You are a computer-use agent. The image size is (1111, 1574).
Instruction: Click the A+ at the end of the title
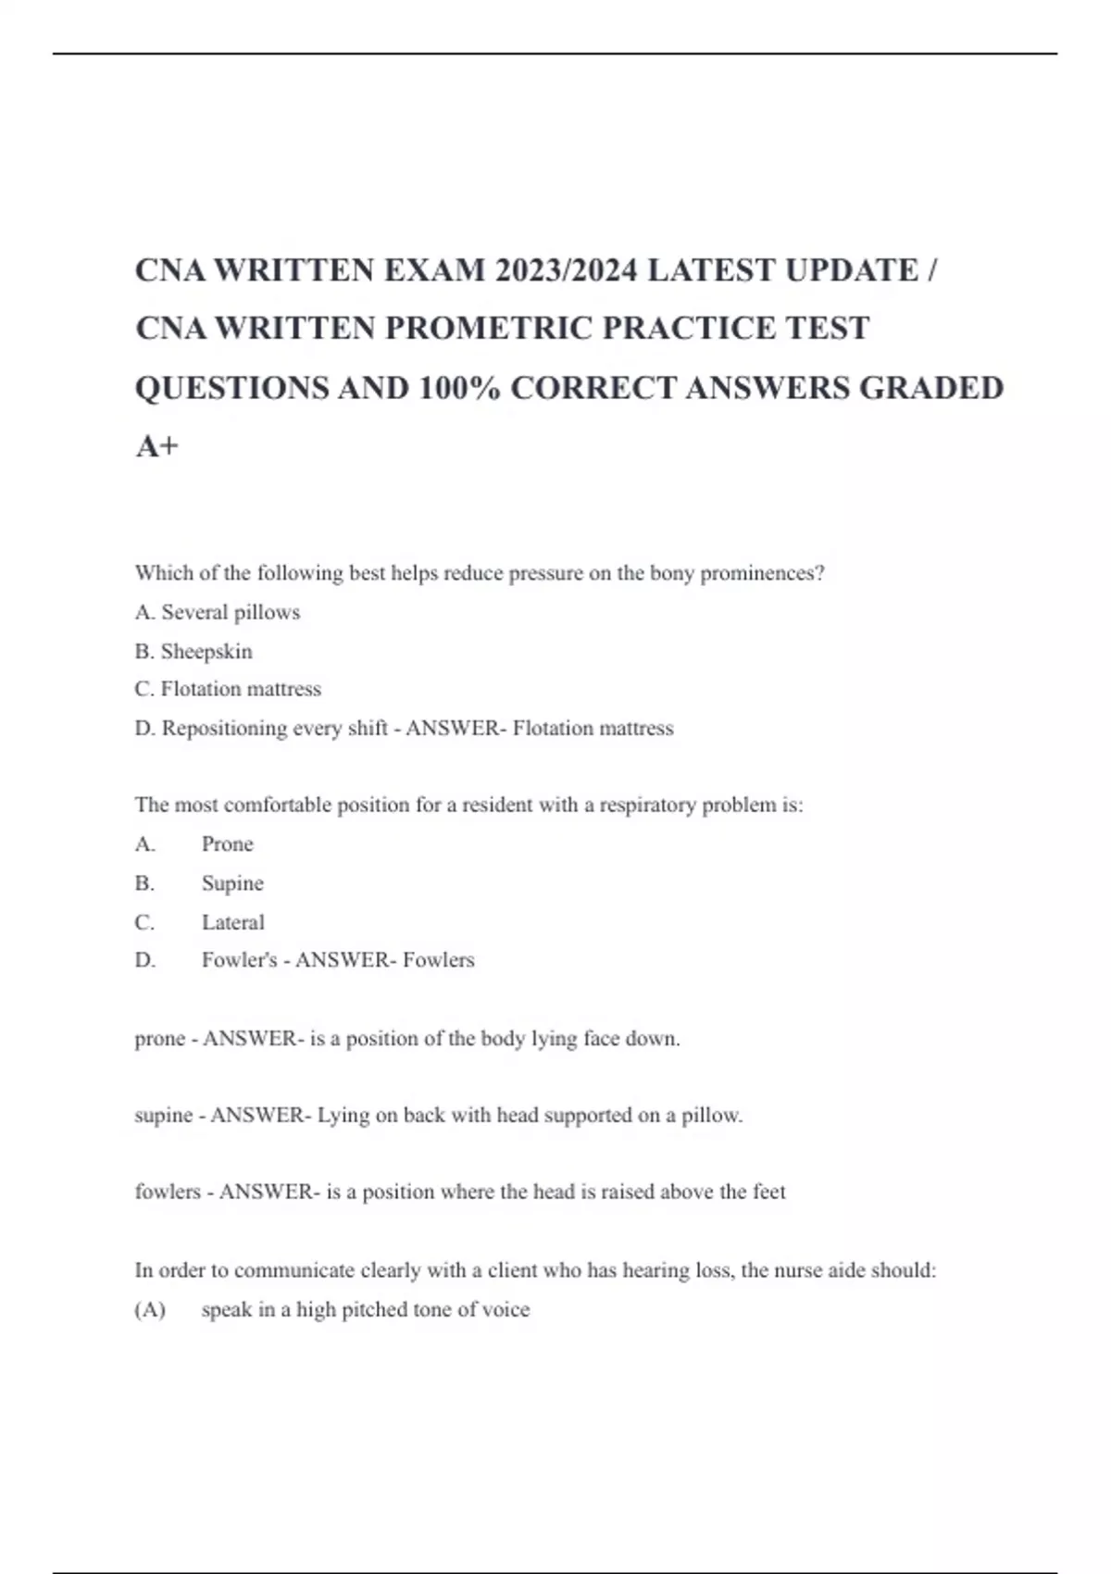click(156, 446)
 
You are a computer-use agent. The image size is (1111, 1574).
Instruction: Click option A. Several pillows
click(218, 612)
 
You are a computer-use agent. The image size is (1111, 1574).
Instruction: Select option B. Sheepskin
click(193, 651)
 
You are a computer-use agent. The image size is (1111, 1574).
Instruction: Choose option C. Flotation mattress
click(228, 689)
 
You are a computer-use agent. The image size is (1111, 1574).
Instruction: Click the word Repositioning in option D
click(225, 729)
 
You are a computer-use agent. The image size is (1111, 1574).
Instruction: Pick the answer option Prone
click(227, 844)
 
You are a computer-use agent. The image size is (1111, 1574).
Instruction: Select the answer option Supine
click(232, 883)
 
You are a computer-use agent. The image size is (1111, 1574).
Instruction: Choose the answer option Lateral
click(233, 922)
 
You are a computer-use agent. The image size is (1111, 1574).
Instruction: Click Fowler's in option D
click(239, 960)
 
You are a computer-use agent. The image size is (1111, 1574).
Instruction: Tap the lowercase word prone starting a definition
click(159, 1039)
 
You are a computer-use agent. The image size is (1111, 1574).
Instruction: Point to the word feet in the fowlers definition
click(768, 1192)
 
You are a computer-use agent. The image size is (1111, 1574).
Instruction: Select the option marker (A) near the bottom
click(150, 1310)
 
